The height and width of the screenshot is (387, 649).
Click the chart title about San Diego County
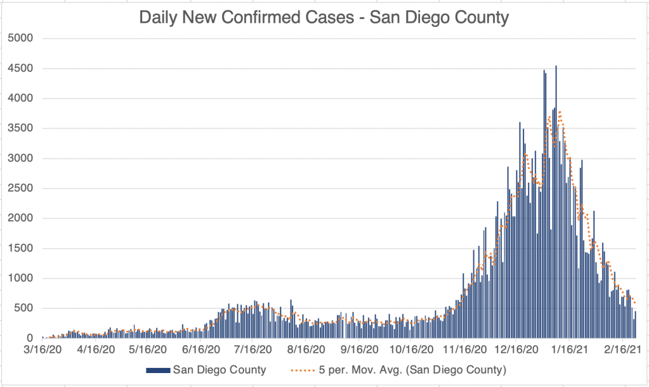pos(324,17)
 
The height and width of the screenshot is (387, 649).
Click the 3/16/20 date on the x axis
pos(43,350)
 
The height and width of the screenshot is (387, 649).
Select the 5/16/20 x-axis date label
pos(148,350)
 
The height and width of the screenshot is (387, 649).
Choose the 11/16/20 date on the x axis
pos(466,350)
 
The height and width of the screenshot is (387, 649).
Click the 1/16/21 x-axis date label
pos(571,350)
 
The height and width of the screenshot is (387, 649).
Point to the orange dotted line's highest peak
pos(560,112)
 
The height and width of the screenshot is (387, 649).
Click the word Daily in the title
pos(160,17)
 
